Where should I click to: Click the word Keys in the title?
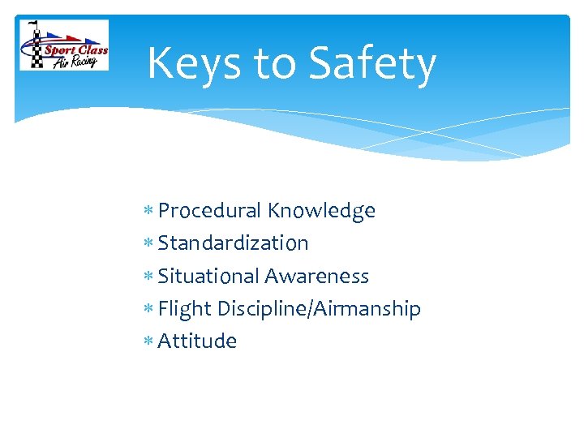tap(195, 63)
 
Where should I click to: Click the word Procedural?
tap(209, 211)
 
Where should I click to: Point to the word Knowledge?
tap(321, 211)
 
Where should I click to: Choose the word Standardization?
tap(233, 243)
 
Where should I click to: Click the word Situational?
tap(208, 276)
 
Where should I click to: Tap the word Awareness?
tap(317, 276)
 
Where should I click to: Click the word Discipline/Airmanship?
tap(319, 309)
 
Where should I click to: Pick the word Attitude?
tap(197, 341)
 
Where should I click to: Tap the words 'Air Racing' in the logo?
tap(75, 62)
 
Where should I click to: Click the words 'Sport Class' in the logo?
tap(75, 49)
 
